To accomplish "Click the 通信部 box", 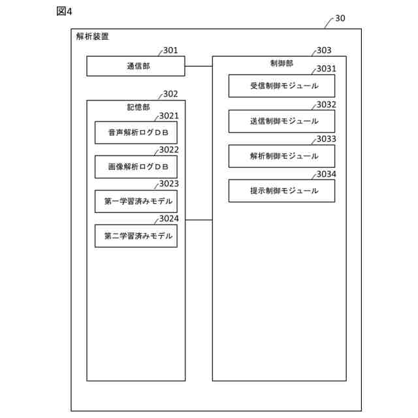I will point(136,66).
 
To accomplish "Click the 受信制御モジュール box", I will point(282,86).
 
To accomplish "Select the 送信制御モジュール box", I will point(282,121).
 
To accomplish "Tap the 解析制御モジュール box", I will point(282,156).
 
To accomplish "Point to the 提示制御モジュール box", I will point(282,191).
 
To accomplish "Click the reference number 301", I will point(170,50).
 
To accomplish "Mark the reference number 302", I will point(170,94).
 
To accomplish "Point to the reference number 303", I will point(323,50).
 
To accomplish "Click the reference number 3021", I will point(169,116).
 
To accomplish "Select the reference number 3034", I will point(327,174).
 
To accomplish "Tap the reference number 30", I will point(340,18).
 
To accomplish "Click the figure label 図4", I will point(63,11).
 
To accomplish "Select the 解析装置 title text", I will point(93,37).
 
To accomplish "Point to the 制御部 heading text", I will point(282,63).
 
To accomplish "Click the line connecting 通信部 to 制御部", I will point(199,66).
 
